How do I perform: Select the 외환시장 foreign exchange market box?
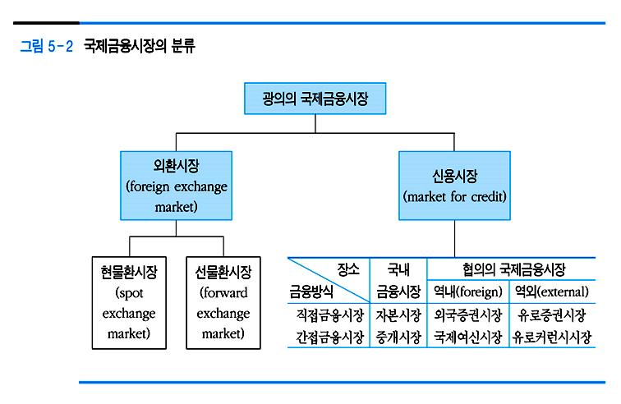[x=177, y=186]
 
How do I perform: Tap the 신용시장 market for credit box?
[x=454, y=186]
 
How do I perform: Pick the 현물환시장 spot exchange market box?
[x=129, y=301]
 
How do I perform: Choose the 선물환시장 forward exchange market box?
[x=223, y=301]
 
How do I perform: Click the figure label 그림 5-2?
[x=46, y=47]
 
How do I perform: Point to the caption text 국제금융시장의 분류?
[x=140, y=47]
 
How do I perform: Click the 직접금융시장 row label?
[x=329, y=314]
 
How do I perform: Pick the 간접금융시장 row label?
[x=329, y=337]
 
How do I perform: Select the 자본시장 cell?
[x=398, y=314]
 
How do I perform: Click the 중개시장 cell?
[x=398, y=337]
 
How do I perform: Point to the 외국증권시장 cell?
[x=467, y=314]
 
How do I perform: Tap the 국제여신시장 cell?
[x=467, y=337]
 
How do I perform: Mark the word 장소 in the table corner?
[x=348, y=269]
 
